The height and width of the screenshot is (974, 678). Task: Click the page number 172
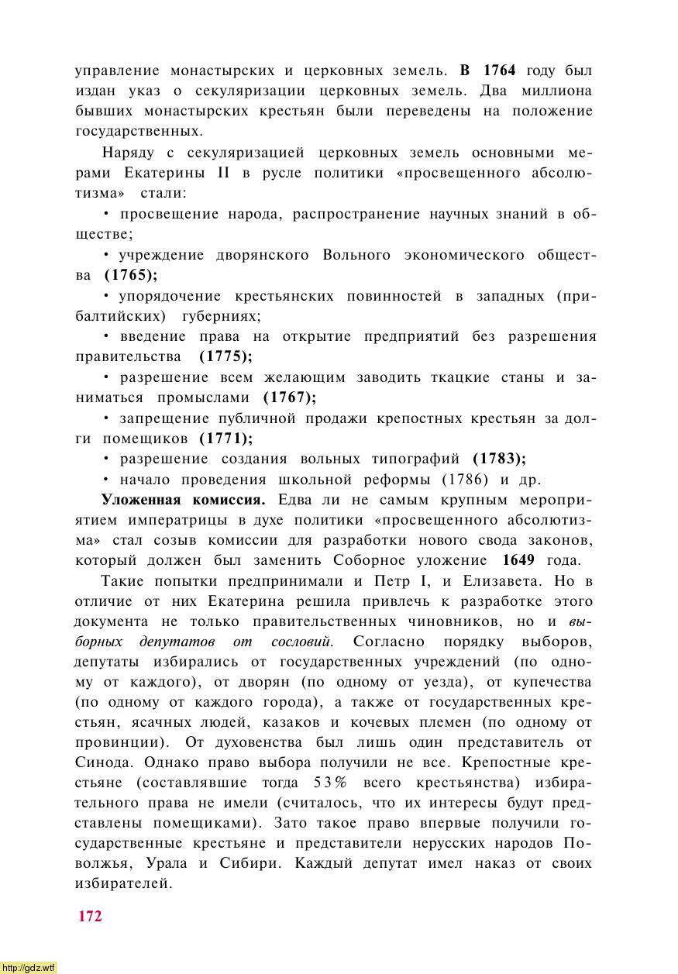point(90,916)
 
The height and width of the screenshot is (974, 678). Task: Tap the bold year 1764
point(498,71)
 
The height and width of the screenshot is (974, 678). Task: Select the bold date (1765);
point(130,275)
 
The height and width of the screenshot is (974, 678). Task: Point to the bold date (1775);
point(225,356)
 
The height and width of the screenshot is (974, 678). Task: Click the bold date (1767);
point(290,398)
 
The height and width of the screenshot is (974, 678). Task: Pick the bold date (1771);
point(226,439)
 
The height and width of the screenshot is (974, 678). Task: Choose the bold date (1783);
point(499,458)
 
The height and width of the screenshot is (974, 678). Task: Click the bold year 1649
point(518,560)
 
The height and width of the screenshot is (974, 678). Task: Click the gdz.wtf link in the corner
point(29,967)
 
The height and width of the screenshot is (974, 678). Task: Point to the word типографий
point(416,458)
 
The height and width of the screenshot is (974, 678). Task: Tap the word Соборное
point(370,560)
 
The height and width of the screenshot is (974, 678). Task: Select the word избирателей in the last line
point(122,883)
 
